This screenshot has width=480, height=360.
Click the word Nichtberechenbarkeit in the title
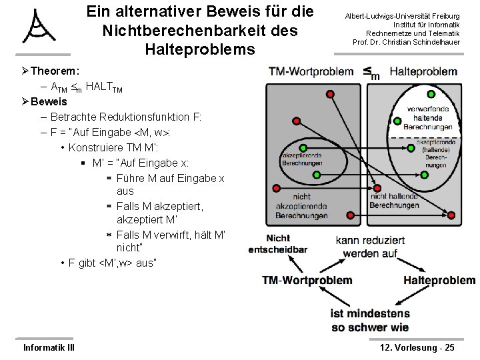[200, 31]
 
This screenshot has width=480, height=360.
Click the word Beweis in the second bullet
[49, 101]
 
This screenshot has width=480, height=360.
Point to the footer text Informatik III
[49, 347]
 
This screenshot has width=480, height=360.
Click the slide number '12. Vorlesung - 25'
[417, 347]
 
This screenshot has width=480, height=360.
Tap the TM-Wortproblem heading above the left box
[311, 71]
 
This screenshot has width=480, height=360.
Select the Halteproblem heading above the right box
[423, 71]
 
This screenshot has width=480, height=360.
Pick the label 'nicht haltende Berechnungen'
[395, 201]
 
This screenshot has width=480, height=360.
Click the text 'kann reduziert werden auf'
[370, 247]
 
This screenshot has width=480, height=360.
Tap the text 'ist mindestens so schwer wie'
[369, 320]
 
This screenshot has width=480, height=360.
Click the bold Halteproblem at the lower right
[439, 280]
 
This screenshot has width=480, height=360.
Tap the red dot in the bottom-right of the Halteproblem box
[451, 215]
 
